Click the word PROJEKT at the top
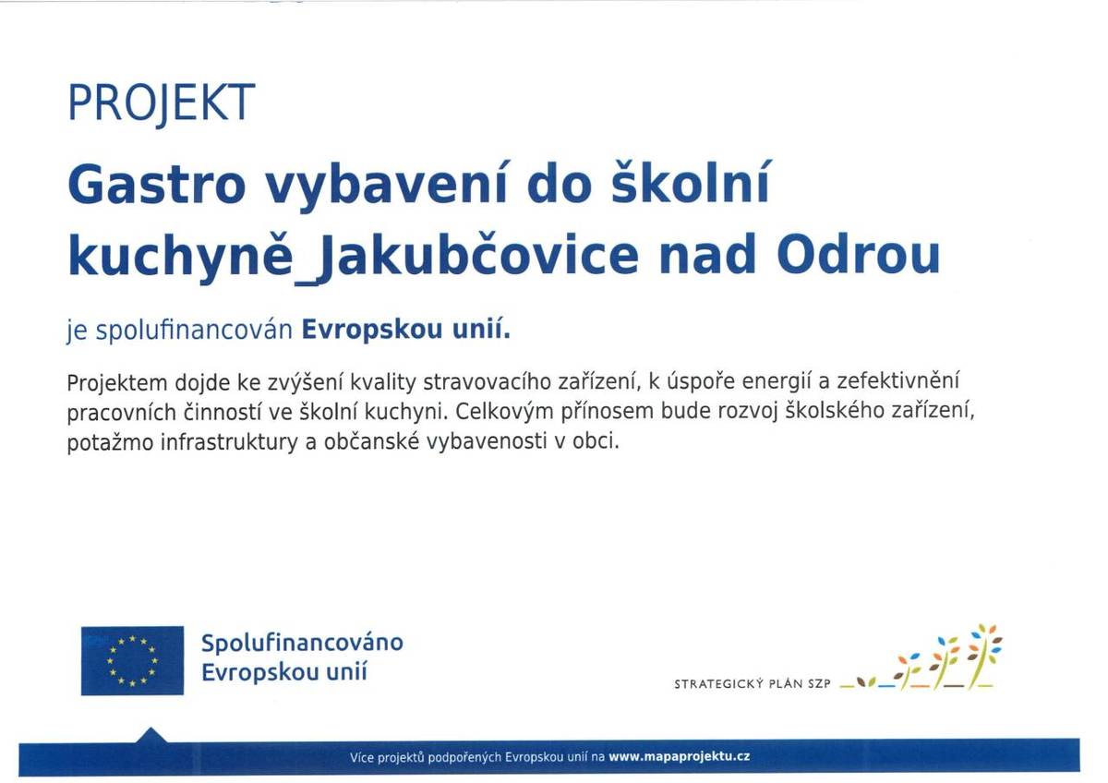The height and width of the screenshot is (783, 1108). (x=161, y=103)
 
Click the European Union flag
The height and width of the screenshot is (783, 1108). (x=132, y=660)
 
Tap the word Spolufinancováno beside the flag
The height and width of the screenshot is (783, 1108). (x=302, y=642)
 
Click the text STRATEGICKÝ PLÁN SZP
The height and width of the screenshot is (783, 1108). (x=753, y=685)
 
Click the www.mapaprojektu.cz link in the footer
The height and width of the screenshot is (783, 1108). (x=680, y=756)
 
